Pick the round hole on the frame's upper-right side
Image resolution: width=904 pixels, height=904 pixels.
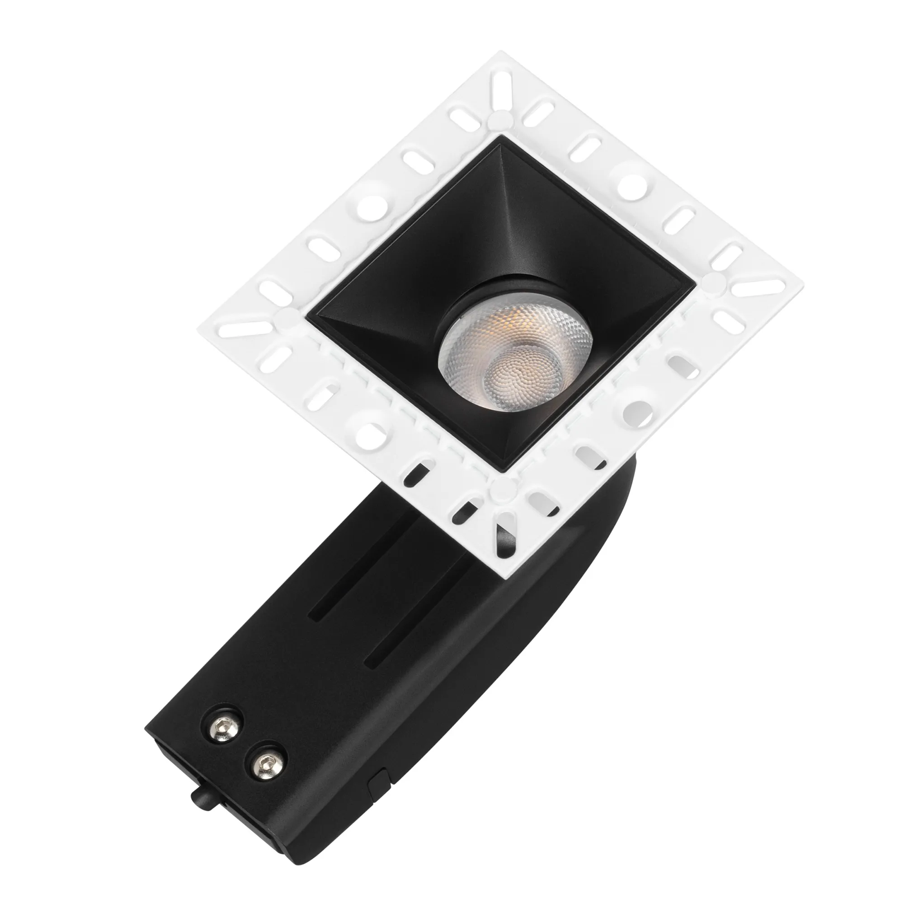(634, 183)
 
